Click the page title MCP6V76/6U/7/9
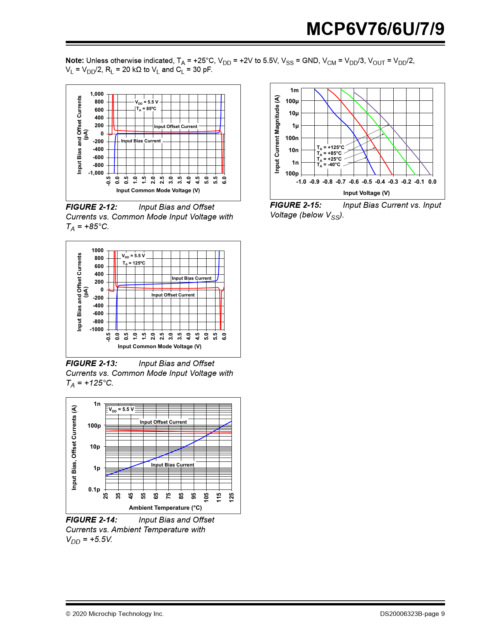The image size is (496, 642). (x=375, y=29)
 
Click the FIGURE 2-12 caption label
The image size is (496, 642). (x=91, y=207)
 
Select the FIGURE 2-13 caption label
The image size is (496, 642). (x=91, y=363)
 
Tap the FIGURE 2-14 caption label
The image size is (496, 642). (x=91, y=520)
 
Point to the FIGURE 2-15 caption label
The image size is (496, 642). (x=296, y=205)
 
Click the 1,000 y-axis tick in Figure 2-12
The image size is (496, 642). (x=97, y=94)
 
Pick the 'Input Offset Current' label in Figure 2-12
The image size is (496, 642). (x=175, y=126)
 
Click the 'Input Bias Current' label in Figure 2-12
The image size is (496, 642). (x=141, y=141)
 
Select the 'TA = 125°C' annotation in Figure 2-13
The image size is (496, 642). (x=134, y=263)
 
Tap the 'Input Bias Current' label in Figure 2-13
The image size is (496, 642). (x=191, y=278)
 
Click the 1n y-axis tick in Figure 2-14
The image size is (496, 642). (x=97, y=404)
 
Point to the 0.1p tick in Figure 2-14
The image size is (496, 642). (x=94, y=489)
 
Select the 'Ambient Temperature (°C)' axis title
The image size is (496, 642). (x=165, y=508)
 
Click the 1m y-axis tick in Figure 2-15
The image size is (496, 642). (x=294, y=90)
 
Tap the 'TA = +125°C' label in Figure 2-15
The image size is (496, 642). (x=330, y=147)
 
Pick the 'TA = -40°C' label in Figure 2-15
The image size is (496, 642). (x=328, y=165)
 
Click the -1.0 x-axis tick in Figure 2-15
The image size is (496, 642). (x=301, y=182)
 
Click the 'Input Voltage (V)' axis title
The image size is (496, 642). (x=366, y=193)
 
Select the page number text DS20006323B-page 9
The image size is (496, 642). (x=412, y=614)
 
